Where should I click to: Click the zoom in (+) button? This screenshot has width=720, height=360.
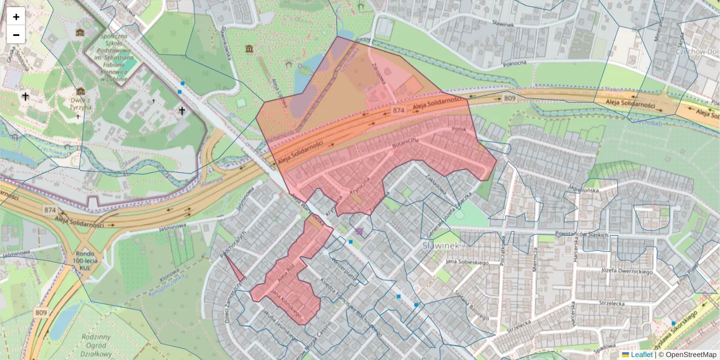point(16,16)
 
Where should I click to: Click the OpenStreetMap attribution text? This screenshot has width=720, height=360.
point(689,355)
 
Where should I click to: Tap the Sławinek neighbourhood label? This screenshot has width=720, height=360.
point(440,246)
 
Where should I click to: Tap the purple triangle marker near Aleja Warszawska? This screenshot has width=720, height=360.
point(359,230)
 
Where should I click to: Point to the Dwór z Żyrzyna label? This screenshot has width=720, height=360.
point(79,97)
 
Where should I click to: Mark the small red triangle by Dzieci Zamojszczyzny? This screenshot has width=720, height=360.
point(235,269)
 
